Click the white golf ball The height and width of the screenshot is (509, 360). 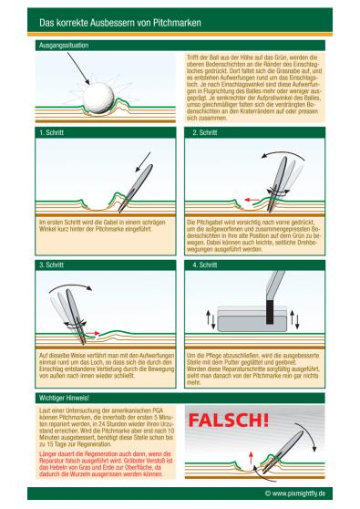[98, 98]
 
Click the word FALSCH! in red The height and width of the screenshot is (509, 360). [229, 421]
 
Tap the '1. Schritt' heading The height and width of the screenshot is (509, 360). [51, 132]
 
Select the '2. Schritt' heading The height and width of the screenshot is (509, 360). [205, 132]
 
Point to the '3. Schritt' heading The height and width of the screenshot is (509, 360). [51, 265]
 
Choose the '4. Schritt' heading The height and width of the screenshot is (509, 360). [205, 265]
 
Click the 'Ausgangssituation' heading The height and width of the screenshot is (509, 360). [64, 45]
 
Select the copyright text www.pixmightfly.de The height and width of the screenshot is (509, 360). [295, 493]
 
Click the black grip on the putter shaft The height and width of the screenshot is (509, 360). [270, 312]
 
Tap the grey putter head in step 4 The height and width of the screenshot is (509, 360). [252, 319]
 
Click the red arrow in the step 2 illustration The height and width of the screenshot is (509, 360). [252, 200]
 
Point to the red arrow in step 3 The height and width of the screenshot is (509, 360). [92, 333]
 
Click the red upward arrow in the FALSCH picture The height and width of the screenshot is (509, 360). [251, 457]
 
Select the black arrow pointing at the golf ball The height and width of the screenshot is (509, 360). [78, 68]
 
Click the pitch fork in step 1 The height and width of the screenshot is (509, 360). [135, 188]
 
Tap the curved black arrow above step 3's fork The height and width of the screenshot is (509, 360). [70, 286]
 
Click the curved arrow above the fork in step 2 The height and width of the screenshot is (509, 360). [283, 153]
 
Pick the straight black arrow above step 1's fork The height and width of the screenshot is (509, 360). [143, 162]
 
